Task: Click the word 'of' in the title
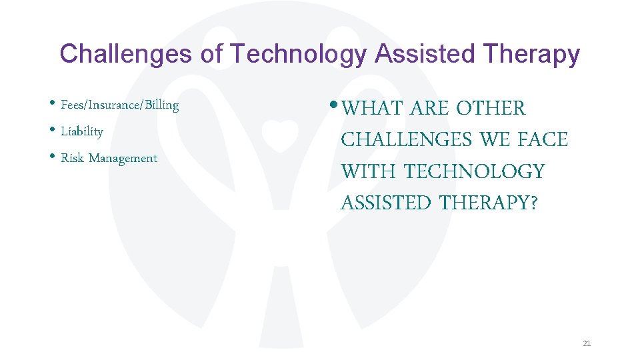click(x=211, y=54)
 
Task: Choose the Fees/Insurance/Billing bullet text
click(x=119, y=105)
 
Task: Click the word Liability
click(x=82, y=132)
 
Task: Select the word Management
click(x=123, y=159)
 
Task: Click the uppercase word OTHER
click(x=491, y=108)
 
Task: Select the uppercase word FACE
click(x=542, y=140)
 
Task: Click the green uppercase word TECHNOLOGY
click(x=475, y=172)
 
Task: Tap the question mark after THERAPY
click(x=532, y=203)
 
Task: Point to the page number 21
click(x=587, y=344)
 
